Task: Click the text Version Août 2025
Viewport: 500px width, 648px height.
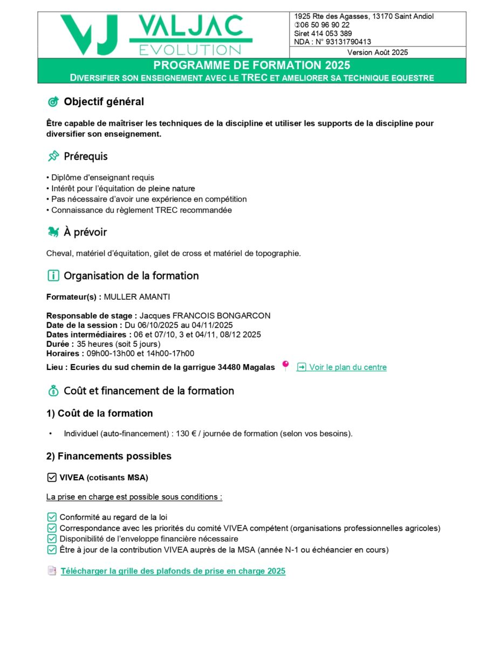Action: (378, 52)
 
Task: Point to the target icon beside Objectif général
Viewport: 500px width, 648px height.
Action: (53, 102)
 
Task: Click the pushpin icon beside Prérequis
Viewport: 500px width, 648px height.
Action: (53, 157)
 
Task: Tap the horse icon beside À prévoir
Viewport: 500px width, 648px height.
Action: (53, 232)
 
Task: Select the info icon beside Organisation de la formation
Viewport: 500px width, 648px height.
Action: (53, 276)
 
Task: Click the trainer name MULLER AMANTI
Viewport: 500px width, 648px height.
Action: (137, 296)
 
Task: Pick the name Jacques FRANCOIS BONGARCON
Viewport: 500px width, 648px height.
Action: (205, 316)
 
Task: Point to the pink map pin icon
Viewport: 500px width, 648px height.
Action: (285, 366)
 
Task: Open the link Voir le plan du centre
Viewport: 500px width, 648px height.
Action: (347, 367)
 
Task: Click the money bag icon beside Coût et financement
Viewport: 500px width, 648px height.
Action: (53, 390)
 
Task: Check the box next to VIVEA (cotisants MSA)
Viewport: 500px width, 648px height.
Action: (52, 477)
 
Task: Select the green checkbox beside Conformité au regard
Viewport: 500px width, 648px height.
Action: (52, 517)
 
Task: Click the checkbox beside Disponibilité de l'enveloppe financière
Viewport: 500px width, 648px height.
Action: (52, 538)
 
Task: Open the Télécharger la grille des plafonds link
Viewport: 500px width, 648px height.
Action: (173, 571)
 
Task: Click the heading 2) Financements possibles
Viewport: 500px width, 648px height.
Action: (109, 456)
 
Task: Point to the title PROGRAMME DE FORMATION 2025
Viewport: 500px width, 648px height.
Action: (252, 65)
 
